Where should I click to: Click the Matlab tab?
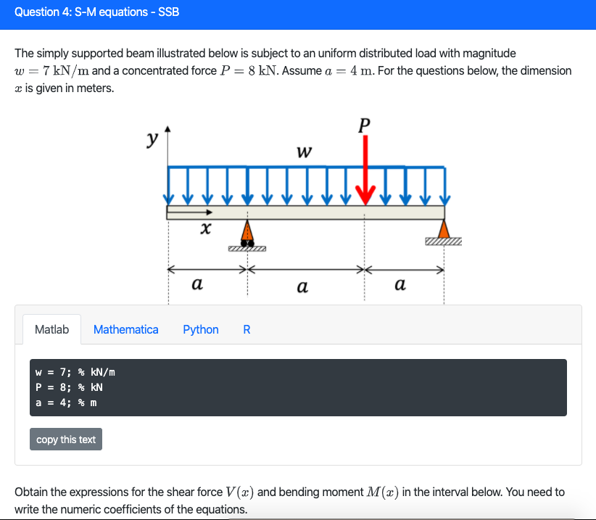click(51, 329)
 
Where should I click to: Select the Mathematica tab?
click(125, 329)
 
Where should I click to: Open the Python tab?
click(201, 329)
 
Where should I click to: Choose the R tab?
click(247, 329)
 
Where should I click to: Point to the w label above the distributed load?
click(305, 152)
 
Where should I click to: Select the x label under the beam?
click(205, 230)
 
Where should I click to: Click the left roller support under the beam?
click(247, 235)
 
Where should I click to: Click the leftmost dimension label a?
click(196, 285)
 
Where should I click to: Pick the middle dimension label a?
click(302, 287)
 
